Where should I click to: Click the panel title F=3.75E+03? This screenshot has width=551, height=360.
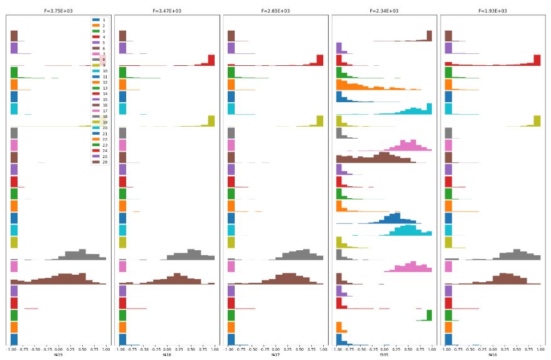pos(59,11)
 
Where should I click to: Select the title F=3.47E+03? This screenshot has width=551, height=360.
pos(167,11)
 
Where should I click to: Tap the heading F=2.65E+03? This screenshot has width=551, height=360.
pos(275,11)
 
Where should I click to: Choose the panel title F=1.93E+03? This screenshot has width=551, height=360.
pos(493,11)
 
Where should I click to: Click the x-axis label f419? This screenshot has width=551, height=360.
pos(59,355)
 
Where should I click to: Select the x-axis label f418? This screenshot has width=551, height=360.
pos(167,355)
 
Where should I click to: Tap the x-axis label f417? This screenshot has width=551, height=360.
pos(275,355)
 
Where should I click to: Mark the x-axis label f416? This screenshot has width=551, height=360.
pos(493,355)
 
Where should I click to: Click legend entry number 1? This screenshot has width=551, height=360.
pos(99,20)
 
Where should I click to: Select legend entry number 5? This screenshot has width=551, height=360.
pos(99,43)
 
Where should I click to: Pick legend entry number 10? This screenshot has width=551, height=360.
pos(99,71)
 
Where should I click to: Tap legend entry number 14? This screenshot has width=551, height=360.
pos(99,93)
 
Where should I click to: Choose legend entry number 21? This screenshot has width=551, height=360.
pos(99,133)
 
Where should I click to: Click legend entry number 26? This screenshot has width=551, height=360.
pos(99,161)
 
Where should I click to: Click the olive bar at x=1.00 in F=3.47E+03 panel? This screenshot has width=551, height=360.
pos(211,121)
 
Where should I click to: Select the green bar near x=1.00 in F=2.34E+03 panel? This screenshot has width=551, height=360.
pos(429,315)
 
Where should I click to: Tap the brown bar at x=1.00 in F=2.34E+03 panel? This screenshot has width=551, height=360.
pos(429,36)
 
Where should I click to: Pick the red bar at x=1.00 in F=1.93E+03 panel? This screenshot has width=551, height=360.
pos(537,60)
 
